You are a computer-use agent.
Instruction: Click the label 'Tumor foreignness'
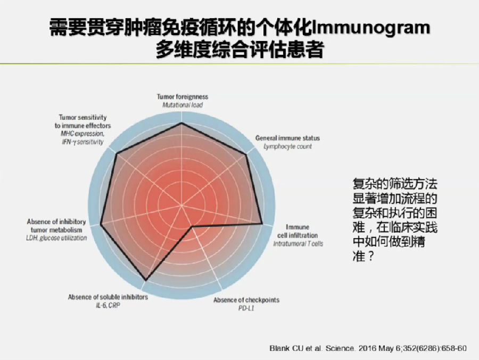(183, 97)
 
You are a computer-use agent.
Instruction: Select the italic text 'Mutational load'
(183, 105)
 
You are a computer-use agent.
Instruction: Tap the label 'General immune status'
(287, 138)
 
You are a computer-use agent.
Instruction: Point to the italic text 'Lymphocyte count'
(287, 146)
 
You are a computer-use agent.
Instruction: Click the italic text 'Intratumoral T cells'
(298, 243)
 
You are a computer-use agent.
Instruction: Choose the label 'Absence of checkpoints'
(246, 300)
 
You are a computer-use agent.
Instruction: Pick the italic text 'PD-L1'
(246, 308)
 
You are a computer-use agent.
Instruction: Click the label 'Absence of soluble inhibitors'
(108, 297)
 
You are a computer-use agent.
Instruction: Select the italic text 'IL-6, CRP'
(108, 305)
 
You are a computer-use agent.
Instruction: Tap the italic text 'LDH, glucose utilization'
(56, 238)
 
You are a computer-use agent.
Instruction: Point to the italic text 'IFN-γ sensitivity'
(83, 142)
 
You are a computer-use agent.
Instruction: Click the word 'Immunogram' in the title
(371, 28)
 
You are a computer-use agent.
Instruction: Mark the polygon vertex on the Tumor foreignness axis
(182, 123)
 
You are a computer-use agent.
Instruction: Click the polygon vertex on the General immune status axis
(246, 156)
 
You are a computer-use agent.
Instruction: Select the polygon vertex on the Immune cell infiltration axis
(262, 224)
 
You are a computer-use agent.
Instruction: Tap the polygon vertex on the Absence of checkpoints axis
(192, 227)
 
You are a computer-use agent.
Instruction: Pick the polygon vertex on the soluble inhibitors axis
(146, 280)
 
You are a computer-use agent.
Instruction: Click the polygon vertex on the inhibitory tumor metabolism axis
(101, 225)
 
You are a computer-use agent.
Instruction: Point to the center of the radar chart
(182, 205)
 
